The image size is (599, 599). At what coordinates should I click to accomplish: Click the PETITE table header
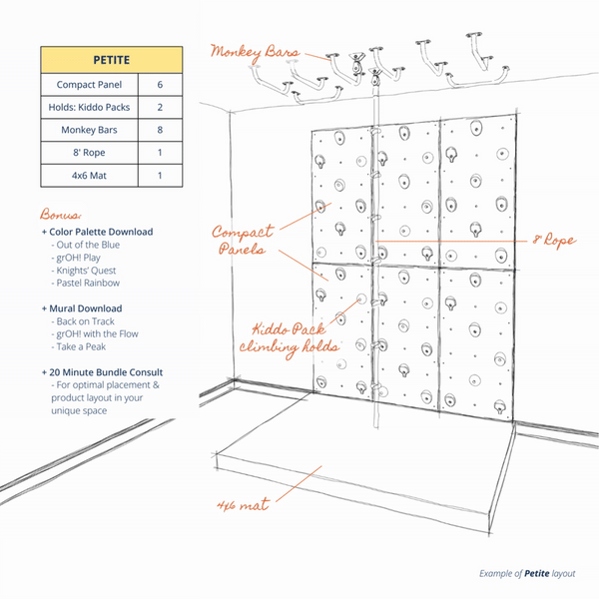111,59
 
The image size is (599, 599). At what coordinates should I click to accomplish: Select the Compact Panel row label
89,85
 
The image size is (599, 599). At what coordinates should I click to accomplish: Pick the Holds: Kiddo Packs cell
89,107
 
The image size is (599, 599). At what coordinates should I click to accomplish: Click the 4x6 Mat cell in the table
89,175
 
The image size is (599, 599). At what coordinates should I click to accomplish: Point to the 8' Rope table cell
89,153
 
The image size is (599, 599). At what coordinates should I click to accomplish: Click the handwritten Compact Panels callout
244,240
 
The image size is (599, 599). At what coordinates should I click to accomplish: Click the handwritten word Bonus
61,215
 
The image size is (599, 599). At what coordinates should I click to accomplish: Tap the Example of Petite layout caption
524,573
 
